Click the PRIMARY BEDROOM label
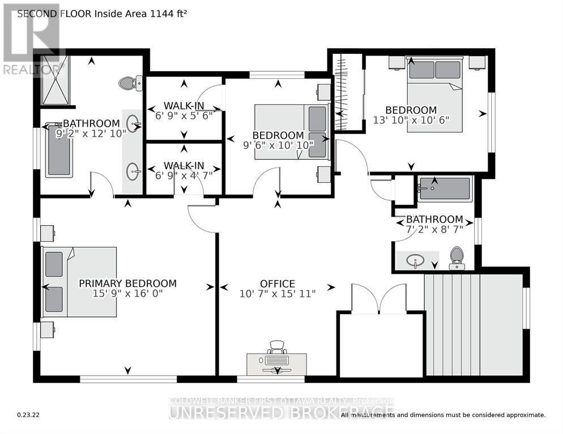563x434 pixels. point(127,283)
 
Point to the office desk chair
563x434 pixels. point(276,346)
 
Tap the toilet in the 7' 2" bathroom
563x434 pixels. point(456,258)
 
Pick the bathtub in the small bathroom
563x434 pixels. point(444,188)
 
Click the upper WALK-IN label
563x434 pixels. point(184,105)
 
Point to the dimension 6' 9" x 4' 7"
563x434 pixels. point(184,175)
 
